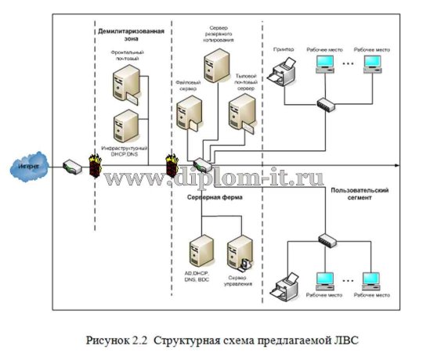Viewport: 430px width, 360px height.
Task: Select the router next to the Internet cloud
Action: tap(70, 166)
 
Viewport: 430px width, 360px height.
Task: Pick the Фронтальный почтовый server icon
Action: tap(128, 84)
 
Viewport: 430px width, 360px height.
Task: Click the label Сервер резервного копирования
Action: tap(214, 33)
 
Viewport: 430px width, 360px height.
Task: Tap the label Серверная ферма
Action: tap(215, 197)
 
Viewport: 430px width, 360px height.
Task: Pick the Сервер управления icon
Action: tap(238, 252)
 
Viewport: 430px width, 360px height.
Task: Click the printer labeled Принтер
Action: tap(280, 75)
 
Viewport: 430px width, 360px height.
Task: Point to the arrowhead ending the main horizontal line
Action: tap(399, 166)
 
